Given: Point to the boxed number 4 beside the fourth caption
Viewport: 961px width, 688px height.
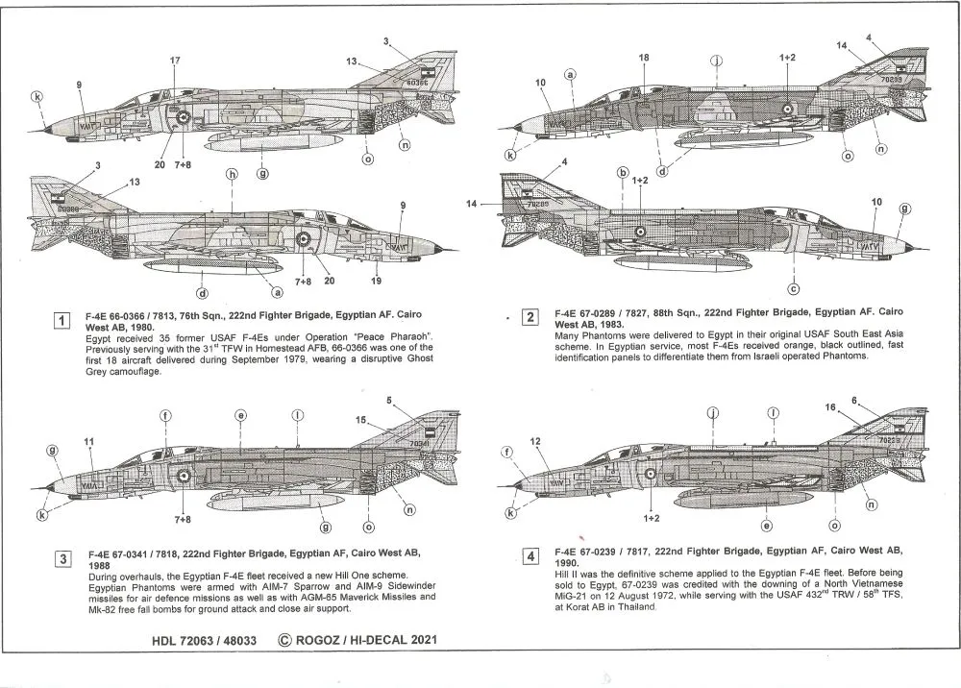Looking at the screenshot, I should [x=529, y=555].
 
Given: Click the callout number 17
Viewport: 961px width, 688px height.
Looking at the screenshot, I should [x=175, y=61].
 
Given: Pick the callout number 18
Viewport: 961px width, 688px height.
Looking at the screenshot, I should [x=643, y=59].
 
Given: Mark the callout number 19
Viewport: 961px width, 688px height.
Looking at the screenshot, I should [x=376, y=282].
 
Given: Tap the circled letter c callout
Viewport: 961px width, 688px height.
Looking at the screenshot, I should [x=794, y=288].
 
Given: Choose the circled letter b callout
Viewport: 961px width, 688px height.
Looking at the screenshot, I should [x=622, y=173].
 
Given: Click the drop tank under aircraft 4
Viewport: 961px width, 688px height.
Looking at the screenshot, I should [x=730, y=496].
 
